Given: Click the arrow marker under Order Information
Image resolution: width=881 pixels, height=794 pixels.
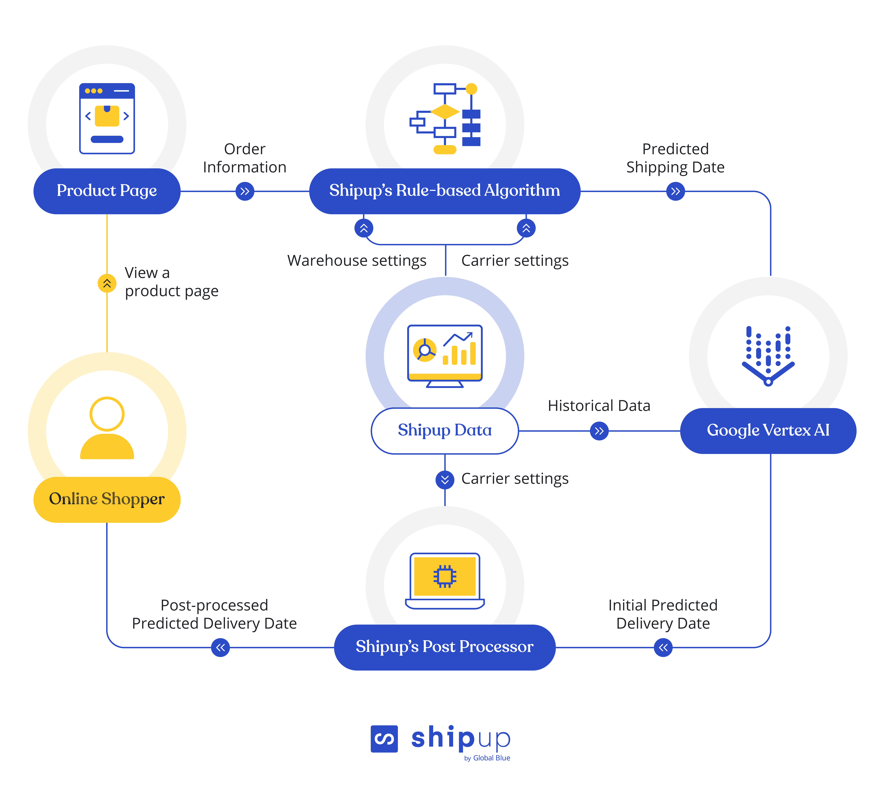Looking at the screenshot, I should click(245, 191).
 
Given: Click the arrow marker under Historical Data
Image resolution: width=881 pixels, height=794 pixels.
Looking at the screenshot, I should click(599, 431).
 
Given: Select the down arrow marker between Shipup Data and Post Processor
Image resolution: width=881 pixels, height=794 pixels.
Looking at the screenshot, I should click(445, 480).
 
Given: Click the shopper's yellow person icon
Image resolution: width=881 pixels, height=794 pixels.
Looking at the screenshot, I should click(107, 428).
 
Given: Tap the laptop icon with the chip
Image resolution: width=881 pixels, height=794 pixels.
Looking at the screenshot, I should click(445, 581).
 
